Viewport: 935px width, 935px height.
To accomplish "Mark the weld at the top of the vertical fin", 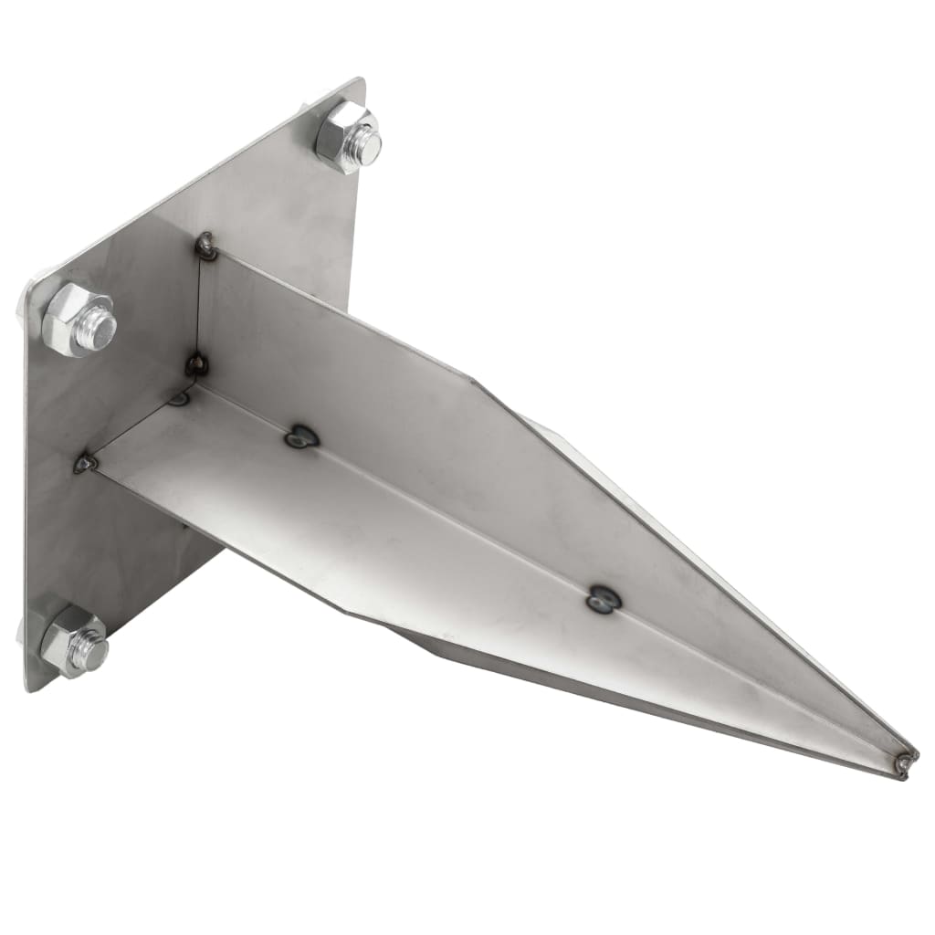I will click(x=206, y=245).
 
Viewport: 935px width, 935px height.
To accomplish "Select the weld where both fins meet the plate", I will click(x=196, y=364).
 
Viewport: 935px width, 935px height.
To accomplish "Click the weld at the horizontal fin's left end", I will click(x=85, y=463).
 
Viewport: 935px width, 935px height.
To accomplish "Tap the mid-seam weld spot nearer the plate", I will click(x=301, y=437).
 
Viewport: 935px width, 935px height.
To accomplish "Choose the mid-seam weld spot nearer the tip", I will click(x=603, y=598).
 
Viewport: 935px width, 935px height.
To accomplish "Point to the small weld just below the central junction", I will click(x=180, y=398).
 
